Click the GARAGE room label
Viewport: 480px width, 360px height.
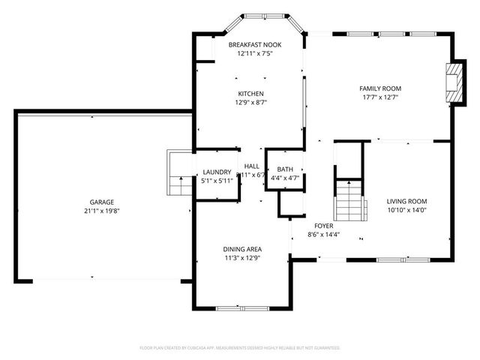pos(102,202)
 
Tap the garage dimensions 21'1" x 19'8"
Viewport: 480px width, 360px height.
pos(102,211)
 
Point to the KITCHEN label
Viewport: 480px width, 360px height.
pos(251,94)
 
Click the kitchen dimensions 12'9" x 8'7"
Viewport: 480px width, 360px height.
pos(251,102)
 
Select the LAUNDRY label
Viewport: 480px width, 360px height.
pos(217,172)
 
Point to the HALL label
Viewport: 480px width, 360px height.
pos(252,166)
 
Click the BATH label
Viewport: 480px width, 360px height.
pos(285,169)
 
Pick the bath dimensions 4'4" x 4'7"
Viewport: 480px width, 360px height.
pos(285,178)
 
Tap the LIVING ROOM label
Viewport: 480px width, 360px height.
pos(406,201)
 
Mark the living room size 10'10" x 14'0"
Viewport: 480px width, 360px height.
pos(406,210)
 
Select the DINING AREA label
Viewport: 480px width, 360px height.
pos(242,249)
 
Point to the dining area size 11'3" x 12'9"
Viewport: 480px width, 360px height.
pos(242,258)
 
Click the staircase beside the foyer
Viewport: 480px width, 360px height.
pos(349,200)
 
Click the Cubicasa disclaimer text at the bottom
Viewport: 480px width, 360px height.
pos(240,348)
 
